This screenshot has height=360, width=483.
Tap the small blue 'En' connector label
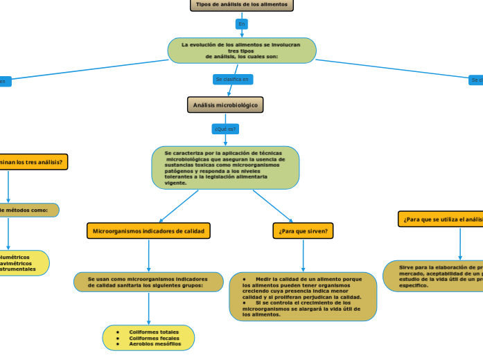242,24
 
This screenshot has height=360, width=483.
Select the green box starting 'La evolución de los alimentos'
242,50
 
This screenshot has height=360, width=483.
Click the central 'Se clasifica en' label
232,80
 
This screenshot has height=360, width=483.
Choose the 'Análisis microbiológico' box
225,105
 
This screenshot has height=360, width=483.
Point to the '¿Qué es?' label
225,129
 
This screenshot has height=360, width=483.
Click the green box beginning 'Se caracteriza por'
225,167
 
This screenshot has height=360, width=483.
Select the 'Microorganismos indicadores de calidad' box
148,231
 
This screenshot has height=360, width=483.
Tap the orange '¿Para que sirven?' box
304,231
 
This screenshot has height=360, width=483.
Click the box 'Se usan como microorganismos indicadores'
148,282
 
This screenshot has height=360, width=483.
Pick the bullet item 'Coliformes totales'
153,332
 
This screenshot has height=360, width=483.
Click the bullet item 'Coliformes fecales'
153,338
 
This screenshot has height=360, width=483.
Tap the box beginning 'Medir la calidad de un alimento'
303,296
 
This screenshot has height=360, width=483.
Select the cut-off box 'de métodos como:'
28,210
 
